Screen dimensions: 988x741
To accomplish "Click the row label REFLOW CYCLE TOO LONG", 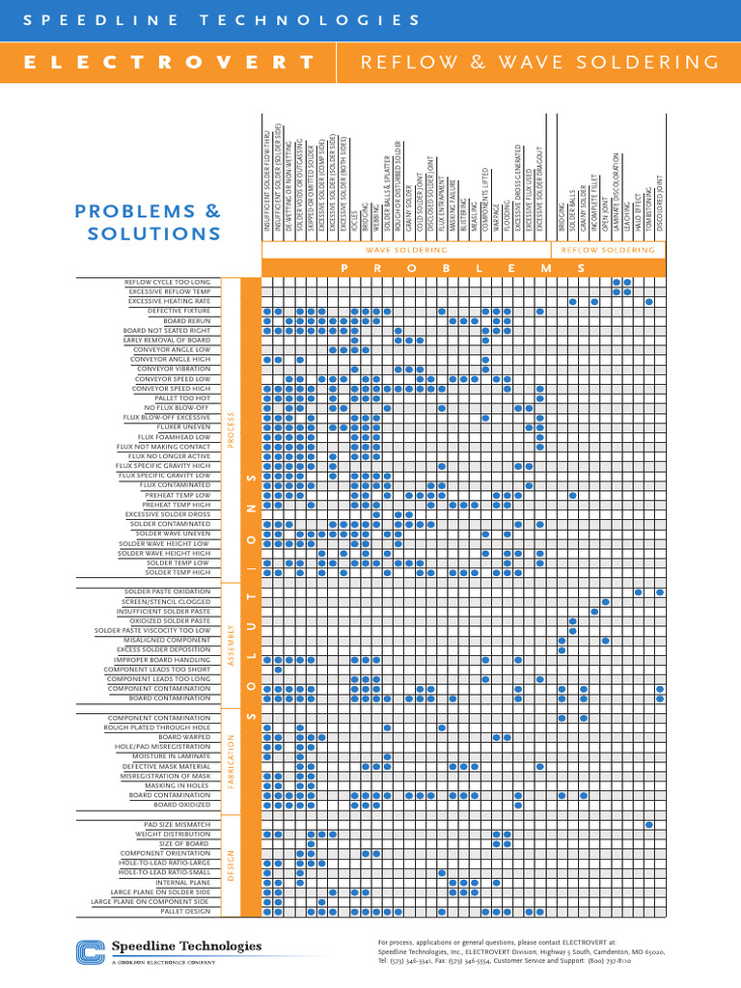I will [x=167, y=282].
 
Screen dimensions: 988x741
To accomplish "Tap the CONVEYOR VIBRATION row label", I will [x=174, y=369].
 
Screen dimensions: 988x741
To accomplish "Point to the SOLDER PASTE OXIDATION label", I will [x=167, y=591].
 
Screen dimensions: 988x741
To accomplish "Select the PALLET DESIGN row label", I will [x=184, y=911].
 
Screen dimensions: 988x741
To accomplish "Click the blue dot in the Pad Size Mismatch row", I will [x=649, y=825].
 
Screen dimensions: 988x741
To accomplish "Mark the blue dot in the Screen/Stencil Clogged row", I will [x=606, y=602].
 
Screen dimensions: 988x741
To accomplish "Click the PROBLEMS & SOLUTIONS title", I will [x=148, y=222].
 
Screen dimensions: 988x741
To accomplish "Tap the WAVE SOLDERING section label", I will [x=404, y=250].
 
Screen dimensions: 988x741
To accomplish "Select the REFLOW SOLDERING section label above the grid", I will [x=608, y=250].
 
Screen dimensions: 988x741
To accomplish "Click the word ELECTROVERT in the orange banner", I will [x=169, y=63].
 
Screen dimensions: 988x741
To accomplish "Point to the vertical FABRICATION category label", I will [x=232, y=761].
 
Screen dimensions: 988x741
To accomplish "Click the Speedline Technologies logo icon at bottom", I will [x=90, y=950].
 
